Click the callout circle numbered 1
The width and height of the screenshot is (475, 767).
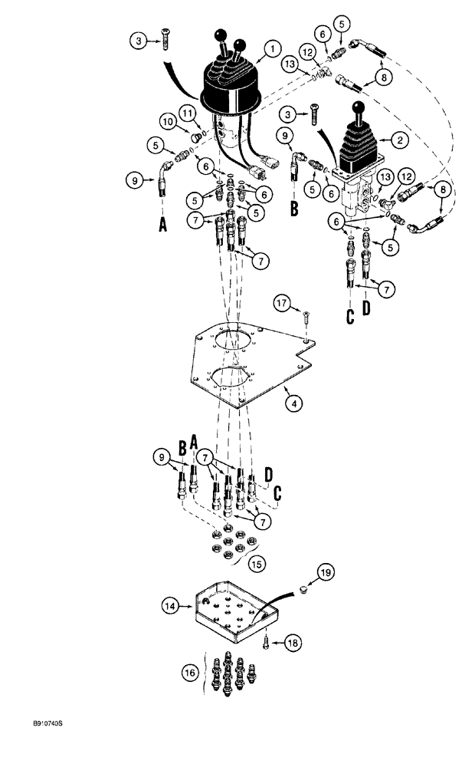(x=270, y=51)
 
